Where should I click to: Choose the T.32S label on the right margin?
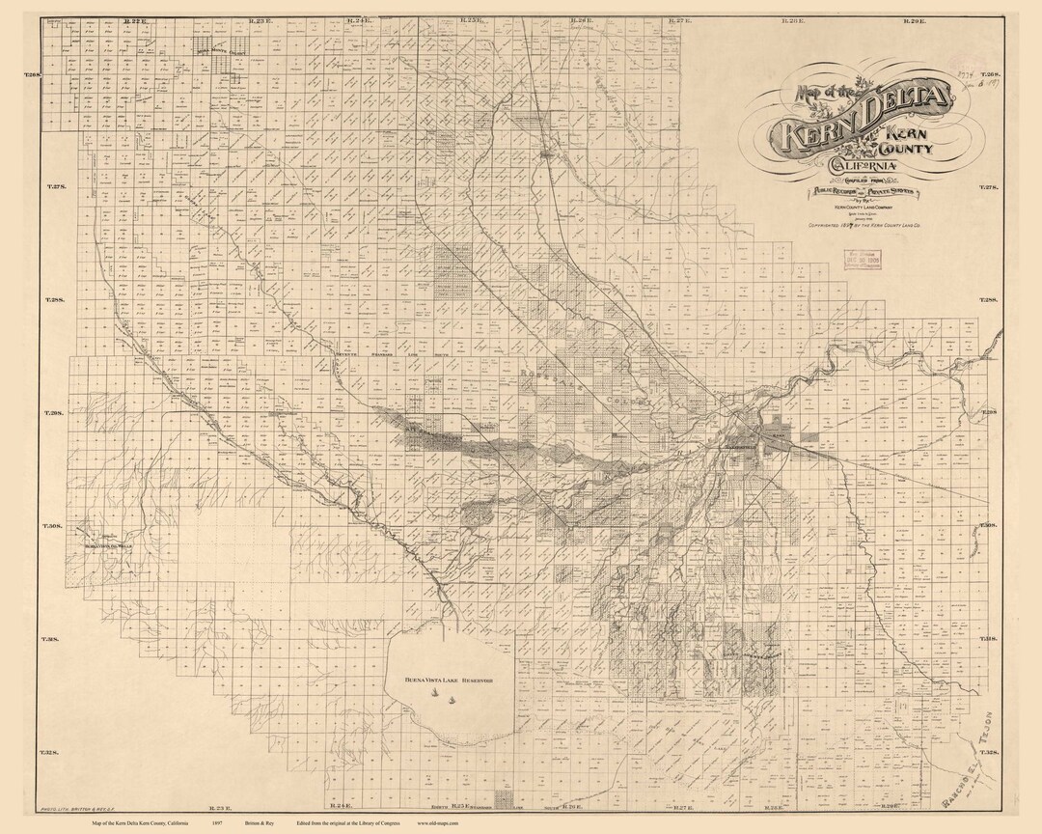click(x=990, y=752)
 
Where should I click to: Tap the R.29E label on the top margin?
click(x=915, y=19)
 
